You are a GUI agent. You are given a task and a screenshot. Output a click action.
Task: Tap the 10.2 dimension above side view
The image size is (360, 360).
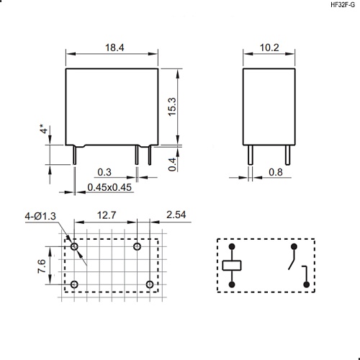pos(269,48)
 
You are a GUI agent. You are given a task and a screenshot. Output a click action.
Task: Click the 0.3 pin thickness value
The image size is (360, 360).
pos(104,172)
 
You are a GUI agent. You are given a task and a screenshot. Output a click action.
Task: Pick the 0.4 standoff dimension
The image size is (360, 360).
pos(172,165)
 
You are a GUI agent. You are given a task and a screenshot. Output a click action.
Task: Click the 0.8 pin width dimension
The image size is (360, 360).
pos(275,172)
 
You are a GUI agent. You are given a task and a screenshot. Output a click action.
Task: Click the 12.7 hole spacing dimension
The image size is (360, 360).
pos(106,215)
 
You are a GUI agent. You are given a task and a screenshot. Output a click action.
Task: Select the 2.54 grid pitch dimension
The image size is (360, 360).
pos(177,215)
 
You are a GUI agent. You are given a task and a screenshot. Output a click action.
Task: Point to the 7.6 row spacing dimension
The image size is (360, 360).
pos(42,266)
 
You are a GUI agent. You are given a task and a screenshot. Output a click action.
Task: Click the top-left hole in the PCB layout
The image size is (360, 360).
pos(75,247)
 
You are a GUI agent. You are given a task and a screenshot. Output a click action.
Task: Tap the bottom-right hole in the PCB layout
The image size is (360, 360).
pos(149,285)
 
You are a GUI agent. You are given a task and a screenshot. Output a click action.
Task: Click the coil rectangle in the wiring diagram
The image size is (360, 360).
pos(233,266)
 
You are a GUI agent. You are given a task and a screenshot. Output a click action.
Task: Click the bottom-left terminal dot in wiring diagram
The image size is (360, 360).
pos(233,285)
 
